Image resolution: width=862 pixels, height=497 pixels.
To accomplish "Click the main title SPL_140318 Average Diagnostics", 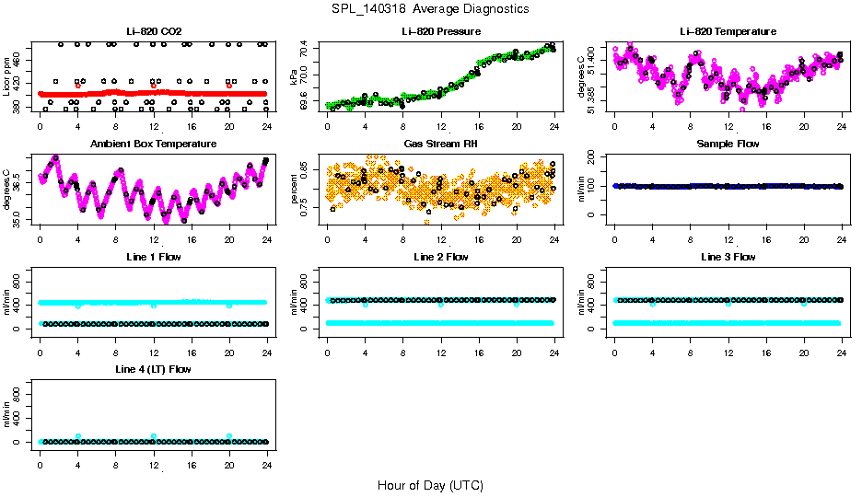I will pyautogui.click(x=431, y=8).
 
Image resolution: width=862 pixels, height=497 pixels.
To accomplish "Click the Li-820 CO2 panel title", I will pyautogui.click(x=153, y=31).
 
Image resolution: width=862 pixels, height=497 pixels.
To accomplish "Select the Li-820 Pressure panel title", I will pyautogui.click(x=440, y=31).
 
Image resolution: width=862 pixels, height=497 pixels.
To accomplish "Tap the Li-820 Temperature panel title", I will pyautogui.click(x=728, y=31).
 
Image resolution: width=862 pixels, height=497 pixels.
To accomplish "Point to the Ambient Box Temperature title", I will pyautogui.click(x=153, y=144).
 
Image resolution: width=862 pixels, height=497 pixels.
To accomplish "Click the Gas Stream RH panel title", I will pyautogui.click(x=440, y=144).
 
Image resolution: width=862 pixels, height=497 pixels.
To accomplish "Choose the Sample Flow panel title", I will pyautogui.click(x=728, y=144).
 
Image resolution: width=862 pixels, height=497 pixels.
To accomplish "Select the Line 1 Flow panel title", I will pyautogui.click(x=153, y=257).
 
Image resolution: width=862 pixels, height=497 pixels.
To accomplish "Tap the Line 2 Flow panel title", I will pyautogui.click(x=440, y=257).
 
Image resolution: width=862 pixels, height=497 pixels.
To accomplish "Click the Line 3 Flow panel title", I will pyautogui.click(x=728, y=257).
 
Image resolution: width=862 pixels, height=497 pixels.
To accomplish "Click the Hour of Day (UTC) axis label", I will pyautogui.click(x=430, y=484).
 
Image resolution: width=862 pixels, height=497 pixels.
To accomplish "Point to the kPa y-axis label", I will pyautogui.click(x=295, y=76).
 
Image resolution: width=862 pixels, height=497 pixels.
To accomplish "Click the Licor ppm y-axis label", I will pyautogui.click(x=7, y=76).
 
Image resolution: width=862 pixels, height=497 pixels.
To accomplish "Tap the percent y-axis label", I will pyautogui.click(x=295, y=189).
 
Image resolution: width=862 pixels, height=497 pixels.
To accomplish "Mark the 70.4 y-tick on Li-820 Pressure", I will pyautogui.click(x=305, y=53).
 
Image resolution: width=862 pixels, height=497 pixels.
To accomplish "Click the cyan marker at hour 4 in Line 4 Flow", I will pyautogui.click(x=78, y=436).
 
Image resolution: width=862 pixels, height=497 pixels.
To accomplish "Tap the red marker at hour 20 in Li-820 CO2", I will pyautogui.click(x=229, y=86).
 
